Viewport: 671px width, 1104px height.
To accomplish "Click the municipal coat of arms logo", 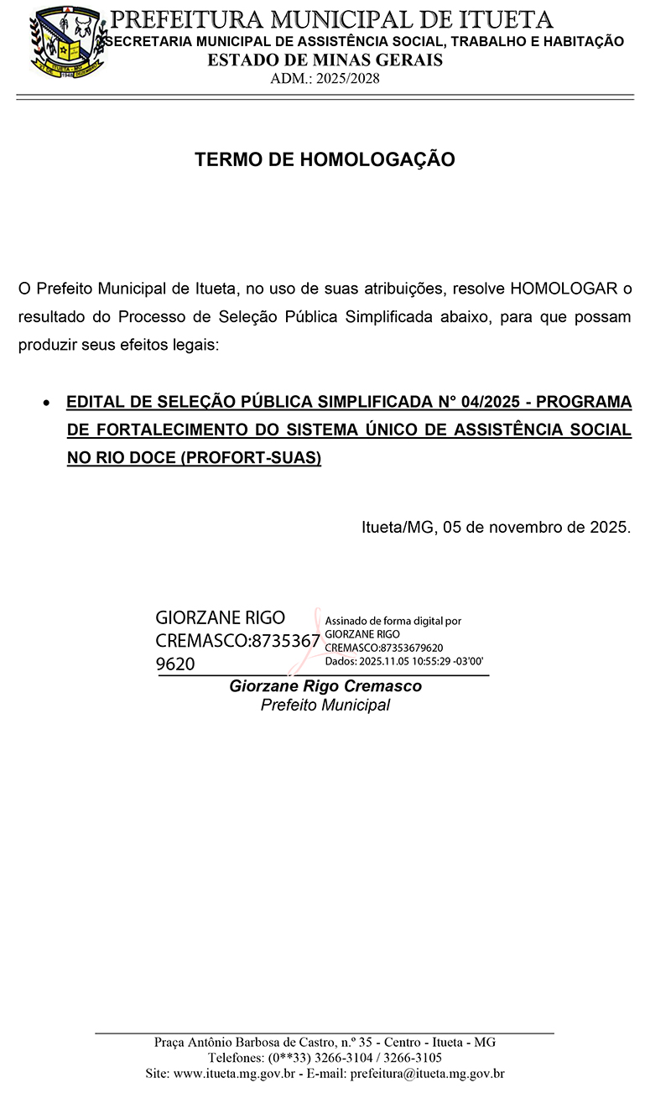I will (x=69, y=41).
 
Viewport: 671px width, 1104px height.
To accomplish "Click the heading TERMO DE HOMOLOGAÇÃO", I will (x=325, y=159).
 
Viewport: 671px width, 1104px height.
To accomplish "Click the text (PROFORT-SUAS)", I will (x=251, y=459).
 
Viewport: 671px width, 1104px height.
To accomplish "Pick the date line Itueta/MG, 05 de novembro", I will (x=495, y=528).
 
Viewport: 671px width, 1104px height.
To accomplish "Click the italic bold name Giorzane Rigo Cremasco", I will (x=325, y=686).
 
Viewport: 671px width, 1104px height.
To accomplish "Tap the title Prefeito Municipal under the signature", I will (x=325, y=705).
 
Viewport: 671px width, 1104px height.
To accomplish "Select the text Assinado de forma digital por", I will (x=393, y=622).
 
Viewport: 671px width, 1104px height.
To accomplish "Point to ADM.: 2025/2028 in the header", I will (x=325, y=79).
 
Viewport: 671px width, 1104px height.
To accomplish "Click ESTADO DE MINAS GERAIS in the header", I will (x=325, y=60).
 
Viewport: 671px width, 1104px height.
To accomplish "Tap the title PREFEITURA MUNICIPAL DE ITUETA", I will (x=332, y=19).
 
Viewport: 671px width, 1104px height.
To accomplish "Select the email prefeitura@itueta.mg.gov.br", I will (x=427, y=1073).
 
